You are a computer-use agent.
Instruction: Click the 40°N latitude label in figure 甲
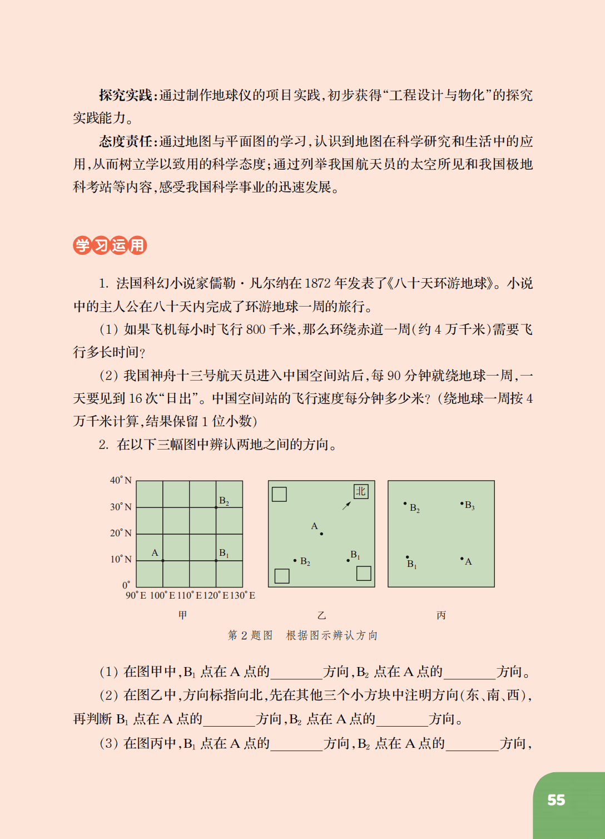(x=121, y=480)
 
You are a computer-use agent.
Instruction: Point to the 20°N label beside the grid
(x=121, y=533)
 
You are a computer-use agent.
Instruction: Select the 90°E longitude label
(x=136, y=595)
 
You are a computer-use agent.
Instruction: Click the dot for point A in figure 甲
(x=163, y=561)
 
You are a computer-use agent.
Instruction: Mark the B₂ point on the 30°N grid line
(x=216, y=507)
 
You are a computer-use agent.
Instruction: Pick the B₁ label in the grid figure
(x=224, y=553)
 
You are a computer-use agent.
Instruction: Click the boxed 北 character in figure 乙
(x=361, y=491)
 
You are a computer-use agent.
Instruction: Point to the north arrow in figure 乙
(x=346, y=505)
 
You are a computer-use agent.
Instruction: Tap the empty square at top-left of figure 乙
(x=279, y=494)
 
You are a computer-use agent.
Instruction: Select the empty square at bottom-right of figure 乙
(x=364, y=573)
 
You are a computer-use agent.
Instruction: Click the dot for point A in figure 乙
(x=321, y=534)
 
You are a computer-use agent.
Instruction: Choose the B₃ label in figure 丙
(x=469, y=505)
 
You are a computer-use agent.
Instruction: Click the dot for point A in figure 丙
(x=462, y=559)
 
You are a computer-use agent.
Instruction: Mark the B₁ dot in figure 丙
(x=408, y=557)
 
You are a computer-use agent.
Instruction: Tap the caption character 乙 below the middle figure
(x=321, y=615)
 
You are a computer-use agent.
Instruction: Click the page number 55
(x=556, y=800)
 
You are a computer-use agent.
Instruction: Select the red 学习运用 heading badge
(x=110, y=245)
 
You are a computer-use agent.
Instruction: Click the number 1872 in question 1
(x=318, y=284)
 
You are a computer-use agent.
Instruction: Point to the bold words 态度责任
(x=126, y=141)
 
